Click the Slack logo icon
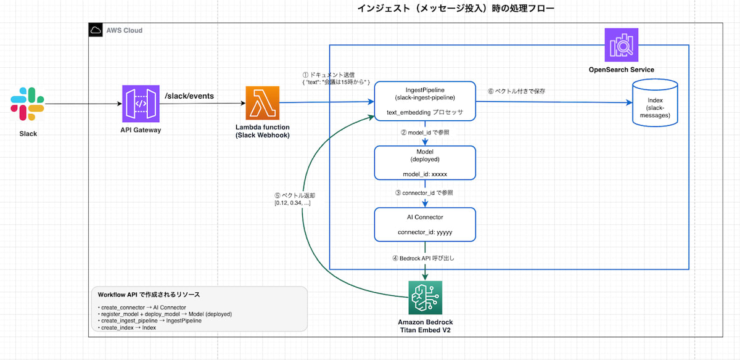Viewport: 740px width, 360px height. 27,104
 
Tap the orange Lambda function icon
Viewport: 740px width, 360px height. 264,104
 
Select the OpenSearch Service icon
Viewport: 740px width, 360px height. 621,45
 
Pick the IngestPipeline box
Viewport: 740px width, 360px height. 425,99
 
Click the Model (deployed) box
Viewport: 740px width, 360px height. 425,163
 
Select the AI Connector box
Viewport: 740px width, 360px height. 425,224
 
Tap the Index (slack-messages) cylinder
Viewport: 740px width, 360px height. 654,104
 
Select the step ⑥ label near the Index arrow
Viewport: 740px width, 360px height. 517,91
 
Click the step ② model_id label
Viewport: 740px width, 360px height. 425,133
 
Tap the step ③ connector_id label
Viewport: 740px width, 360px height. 424,193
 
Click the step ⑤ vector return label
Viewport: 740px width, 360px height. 292,199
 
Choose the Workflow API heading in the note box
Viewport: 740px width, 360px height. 149,295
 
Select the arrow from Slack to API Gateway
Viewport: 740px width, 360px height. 83,104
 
